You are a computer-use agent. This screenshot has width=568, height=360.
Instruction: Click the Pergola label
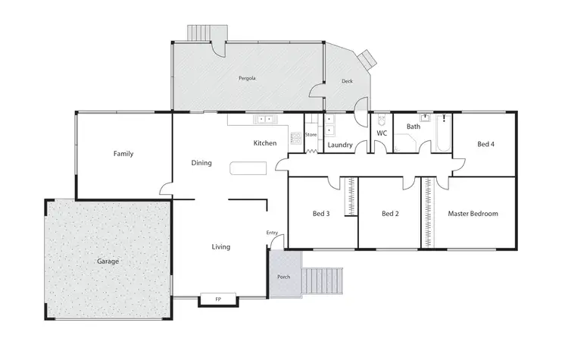[247, 78]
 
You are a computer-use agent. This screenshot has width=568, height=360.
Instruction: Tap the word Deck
[347, 81]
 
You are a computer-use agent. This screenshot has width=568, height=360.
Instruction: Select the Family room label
[123, 154]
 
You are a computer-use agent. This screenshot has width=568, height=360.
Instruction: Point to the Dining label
[201, 163]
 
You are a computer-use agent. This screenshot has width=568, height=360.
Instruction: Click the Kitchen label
[264, 143]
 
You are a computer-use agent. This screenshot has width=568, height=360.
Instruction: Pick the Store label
[311, 135]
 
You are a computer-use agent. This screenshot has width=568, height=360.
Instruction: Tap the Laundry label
[341, 143]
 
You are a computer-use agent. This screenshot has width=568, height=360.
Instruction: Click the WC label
[382, 133]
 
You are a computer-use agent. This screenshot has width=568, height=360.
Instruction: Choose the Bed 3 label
[321, 214]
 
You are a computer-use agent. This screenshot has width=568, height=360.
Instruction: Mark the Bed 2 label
[390, 214]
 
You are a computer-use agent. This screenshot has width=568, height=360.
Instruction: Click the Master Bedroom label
[473, 214]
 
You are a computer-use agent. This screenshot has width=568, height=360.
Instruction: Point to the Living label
[220, 246]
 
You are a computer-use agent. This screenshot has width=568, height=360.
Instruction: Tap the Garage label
[108, 261]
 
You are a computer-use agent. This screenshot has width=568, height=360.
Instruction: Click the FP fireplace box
[219, 300]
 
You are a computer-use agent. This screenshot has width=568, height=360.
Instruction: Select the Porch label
[284, 277]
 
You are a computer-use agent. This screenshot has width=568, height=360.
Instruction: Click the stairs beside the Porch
[322, 281]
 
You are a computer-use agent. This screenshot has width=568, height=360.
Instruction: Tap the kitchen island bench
[249, 167]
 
